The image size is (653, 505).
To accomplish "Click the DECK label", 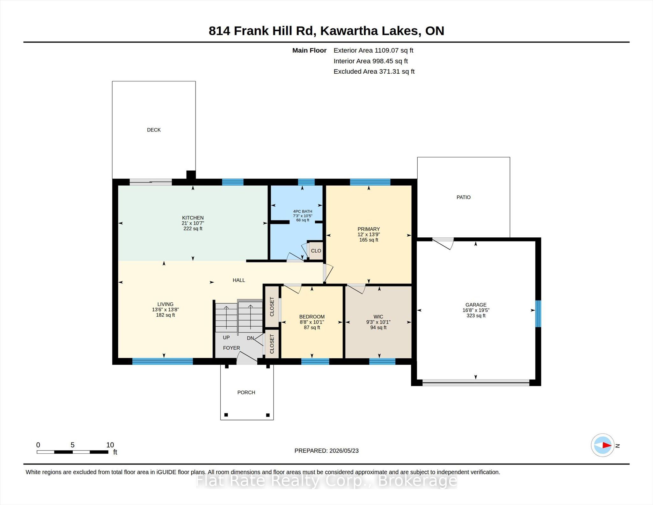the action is pyautogui.click(x=154, y=130).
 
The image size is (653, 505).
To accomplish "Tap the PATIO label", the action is pyautogui.click(x=463, y=197).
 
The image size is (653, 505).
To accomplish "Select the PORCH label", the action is pyautogui.click(x=246, y=392).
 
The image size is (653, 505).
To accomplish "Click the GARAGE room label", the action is pyautogui.click(x=476, y=305).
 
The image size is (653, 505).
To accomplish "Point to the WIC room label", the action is pyautogui.click(x=378, y=317).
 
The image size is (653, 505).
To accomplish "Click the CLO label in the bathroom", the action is pyautogui.click(x=316, y=251).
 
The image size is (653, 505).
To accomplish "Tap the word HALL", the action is pyautogui.click(x=239, y=280).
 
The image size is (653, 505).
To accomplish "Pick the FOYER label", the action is pyautogui.click(x=231, y=348).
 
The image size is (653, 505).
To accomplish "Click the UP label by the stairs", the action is pyautogui.click(x=226, y=338).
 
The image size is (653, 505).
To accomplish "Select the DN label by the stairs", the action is pyautogui.click(x=250, y=338).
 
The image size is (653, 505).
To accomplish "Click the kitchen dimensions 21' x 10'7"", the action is pyautogui.click(x=193, y=223).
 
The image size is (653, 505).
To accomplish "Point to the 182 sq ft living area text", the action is pyautogui.click(x=165, y=315).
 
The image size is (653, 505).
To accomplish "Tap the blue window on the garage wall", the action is pyautogui.click(x=538, y=314).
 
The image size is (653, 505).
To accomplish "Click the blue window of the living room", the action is pyautogui.click(x=162, y=361).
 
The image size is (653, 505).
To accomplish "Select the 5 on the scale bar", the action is pyautogui.click(x=72, y=445).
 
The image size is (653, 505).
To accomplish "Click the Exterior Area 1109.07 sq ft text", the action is pyautogui.click(x=373, y=50).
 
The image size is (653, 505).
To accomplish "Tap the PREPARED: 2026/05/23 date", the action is pyautogui.click(x=326, y=451).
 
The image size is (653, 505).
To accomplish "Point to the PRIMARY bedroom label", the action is pyautogui.click(x=369, y=229).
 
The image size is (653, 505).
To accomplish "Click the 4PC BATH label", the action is pyautogui.click(x=303, y=211).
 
